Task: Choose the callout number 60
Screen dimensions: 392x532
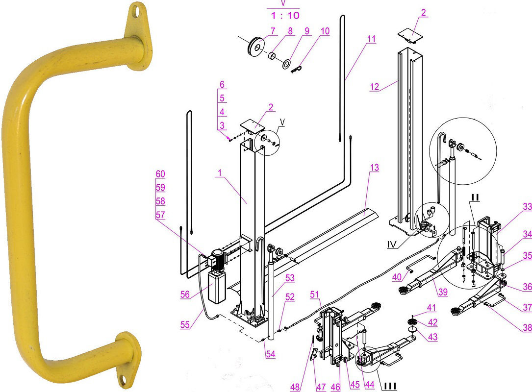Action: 160,174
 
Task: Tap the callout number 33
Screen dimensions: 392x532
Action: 527,207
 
